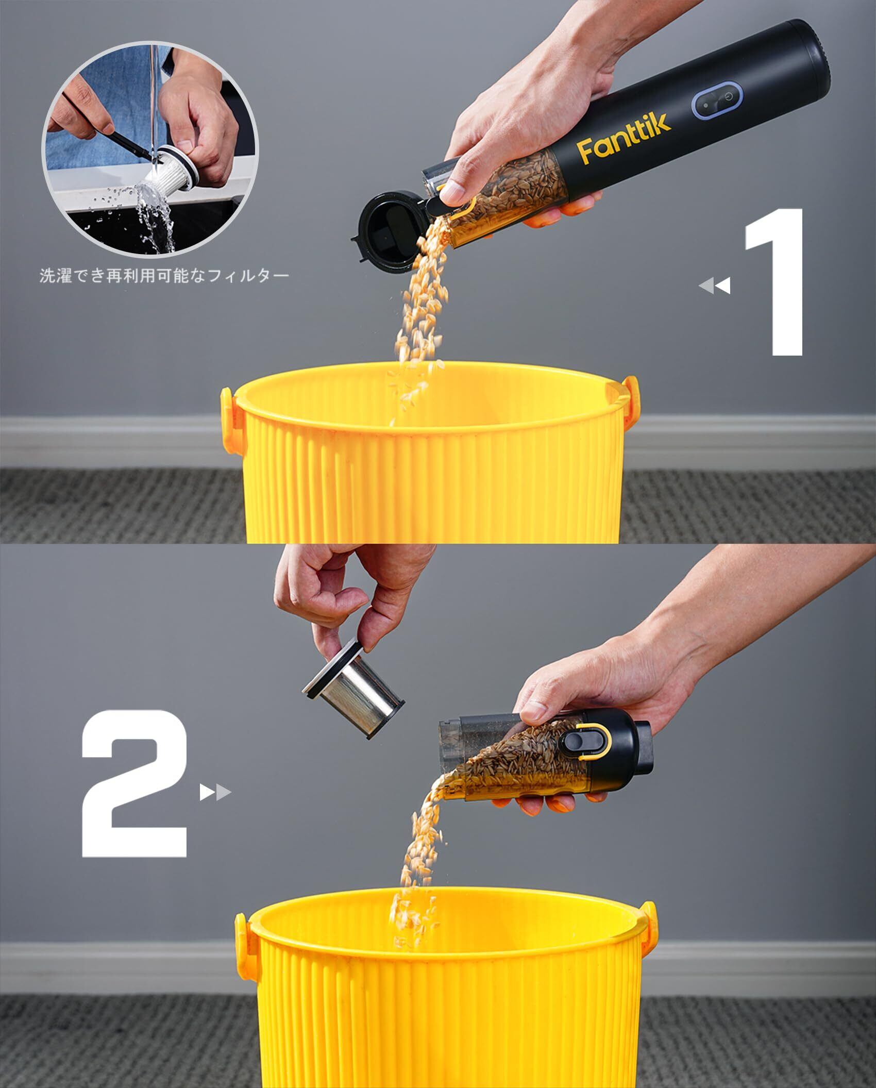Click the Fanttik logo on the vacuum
click(x=624, y=137)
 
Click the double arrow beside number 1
click(x=715, y=286)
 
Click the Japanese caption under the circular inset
click(x=164, y=276)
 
